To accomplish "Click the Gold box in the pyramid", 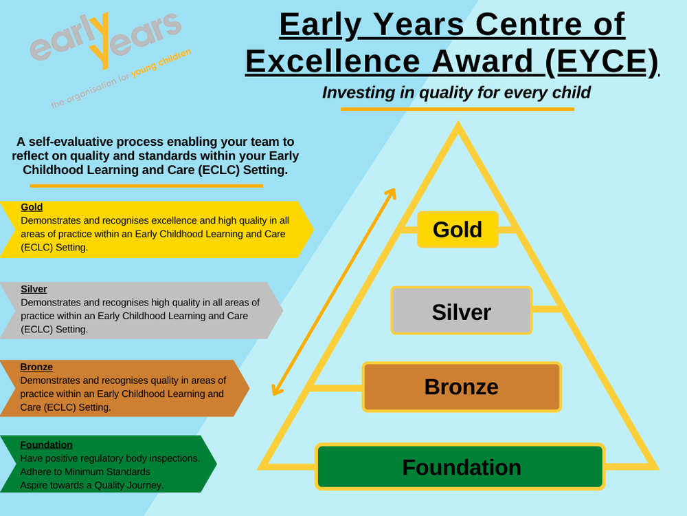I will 458,229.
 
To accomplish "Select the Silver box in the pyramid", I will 461,311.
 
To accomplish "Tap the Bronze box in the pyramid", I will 461,387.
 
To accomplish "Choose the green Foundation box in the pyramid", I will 460,467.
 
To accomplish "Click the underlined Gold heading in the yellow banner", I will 32,207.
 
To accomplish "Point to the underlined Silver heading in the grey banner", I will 34,289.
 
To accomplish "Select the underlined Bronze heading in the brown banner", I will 36,367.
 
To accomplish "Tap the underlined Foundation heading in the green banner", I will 46,445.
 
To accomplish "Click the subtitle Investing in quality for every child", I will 456,92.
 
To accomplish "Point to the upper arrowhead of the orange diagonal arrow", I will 392,193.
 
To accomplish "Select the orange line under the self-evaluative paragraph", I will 146,186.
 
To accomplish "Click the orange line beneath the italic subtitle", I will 457,109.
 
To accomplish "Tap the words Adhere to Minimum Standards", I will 85,472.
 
